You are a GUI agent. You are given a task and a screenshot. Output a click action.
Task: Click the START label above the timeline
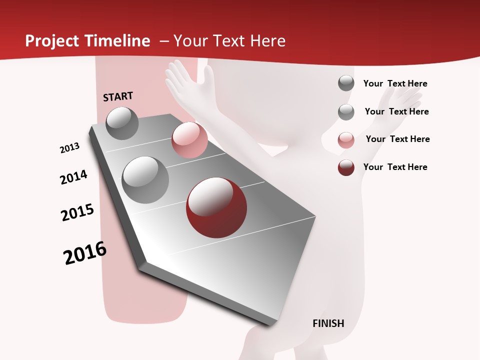click(x=118, y=96)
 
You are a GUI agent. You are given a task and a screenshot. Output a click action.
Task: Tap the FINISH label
click(x=328, y=323)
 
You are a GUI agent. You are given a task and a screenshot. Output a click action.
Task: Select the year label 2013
click(x=69, y=148)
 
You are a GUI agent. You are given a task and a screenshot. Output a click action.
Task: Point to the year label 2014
click(x=73, y=177)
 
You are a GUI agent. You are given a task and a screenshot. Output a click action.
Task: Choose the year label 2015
click(x=77, y=212)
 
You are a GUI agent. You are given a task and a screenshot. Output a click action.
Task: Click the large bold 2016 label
click(x=85, y=253)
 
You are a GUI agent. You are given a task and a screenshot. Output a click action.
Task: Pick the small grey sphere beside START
click(x=122, y=123)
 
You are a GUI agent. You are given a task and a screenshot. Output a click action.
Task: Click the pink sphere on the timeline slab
click(x=189, y=140)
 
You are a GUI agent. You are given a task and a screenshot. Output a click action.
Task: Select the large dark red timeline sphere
click(x=216, y=207)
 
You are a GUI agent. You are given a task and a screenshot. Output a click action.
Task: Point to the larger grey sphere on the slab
click(x=145, y=179)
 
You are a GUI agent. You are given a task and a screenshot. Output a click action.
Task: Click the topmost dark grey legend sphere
click(x=346, y=83)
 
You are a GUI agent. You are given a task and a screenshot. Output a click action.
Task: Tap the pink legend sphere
click(x=346, y=140)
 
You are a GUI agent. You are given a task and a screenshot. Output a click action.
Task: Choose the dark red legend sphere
click(x=346, y=168)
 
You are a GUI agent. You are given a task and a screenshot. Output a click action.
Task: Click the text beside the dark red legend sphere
click(x=395, y=167)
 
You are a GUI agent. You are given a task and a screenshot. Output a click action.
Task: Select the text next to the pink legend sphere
click(x=397, y=139)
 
